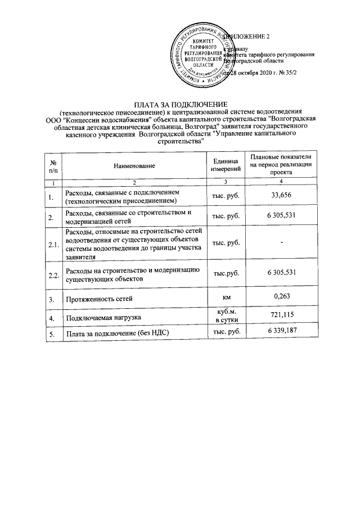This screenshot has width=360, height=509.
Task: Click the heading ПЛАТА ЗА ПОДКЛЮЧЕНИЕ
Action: tap(179, 105)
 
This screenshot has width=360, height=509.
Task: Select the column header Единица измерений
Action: tap(226, 165)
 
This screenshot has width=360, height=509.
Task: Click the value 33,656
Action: tap(282, 196)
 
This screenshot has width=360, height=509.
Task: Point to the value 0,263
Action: tap(282, 296)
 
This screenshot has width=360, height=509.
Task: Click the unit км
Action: tap(226, 296)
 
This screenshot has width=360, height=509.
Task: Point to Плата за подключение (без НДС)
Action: tap(118, 334)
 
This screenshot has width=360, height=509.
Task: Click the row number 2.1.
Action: tap(54, 245)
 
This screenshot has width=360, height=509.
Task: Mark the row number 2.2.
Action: tap(54, 275)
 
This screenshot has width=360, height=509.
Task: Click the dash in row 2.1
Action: tap(282, 242)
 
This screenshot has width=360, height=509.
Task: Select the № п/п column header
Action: tap(53, 165)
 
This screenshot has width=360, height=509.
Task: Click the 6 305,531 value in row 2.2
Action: tap(282, 272)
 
